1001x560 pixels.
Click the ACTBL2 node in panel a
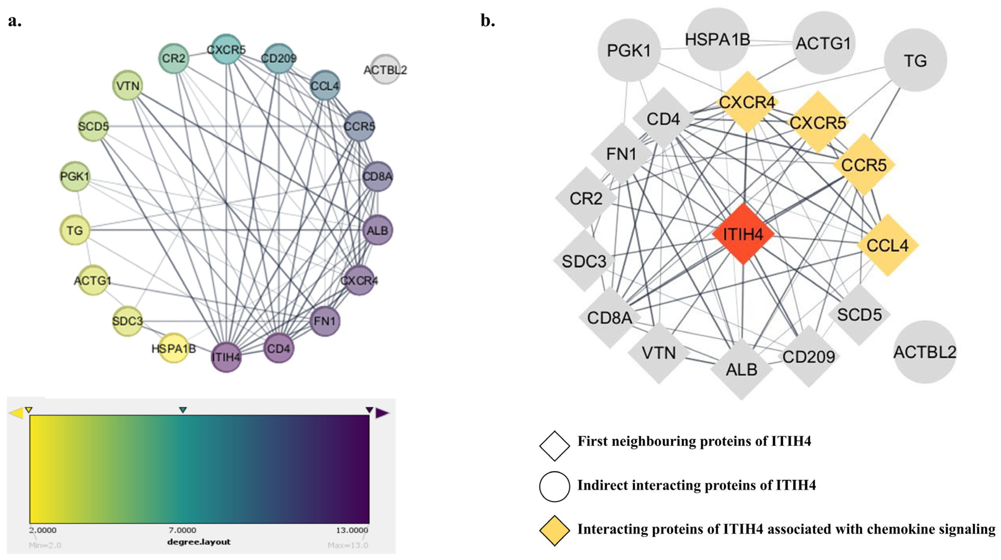tap(385, 69)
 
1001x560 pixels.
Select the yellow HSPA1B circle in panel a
tap(174, 348)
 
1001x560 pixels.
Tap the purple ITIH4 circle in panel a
tap(226, 357)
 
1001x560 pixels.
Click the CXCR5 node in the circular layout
tap(226, 49)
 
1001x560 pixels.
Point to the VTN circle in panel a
tap(128, 85)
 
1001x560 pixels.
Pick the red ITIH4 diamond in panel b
tap(743, 234)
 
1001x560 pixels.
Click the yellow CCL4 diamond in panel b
tap(887, 245)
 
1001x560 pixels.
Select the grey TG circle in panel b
tap(915, 60)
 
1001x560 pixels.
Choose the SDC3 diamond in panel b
tap(584, 261)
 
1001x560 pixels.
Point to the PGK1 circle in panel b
tap(629, 50)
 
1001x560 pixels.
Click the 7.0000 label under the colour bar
tap(182, 530)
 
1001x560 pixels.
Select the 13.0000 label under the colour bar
tap(352, 530)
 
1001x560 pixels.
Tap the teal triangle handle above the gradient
tap(183, 410)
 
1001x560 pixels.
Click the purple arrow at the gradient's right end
tap(382, 413)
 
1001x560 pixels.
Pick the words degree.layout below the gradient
tap(199, 542)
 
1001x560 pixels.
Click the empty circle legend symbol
tap(554, 486)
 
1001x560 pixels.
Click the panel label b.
tap(488, 21)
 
